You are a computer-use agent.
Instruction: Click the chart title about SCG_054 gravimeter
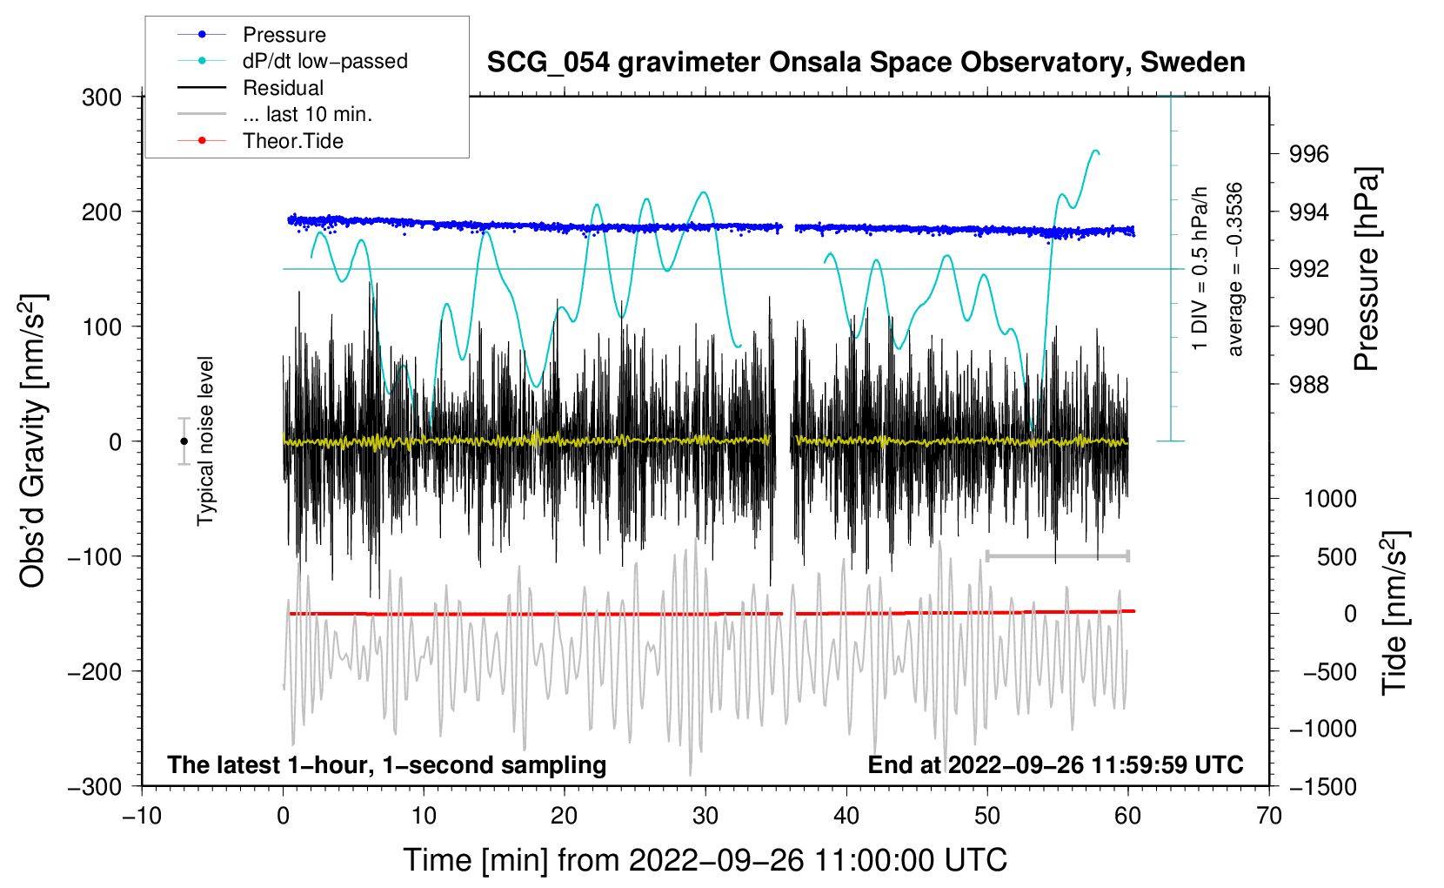tap(866, 63)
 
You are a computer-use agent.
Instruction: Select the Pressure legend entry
tap(284, 35)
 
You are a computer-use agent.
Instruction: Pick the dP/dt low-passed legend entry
tap(324, 61)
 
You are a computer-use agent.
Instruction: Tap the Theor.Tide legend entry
tap(292, 141)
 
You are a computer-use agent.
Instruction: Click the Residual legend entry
tap(283, 88)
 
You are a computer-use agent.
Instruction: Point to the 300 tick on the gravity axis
tap(102, 97)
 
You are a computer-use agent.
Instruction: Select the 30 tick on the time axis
tap(705, 816)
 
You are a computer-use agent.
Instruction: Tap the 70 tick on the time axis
tap(1269, 816)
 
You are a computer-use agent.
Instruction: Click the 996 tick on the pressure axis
tap(1309, 154)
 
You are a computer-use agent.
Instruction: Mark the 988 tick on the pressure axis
tap(1309, 384)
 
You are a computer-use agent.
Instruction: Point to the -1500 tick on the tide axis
tap(1323, 786)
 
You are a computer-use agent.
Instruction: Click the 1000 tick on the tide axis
tap(1330, 499)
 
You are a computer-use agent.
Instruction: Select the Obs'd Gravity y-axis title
tap(33, 441)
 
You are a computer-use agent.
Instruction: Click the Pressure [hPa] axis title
tap(1367, 269)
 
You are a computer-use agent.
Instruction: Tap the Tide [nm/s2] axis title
tap(1394, 612)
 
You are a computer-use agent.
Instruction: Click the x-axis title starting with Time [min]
tap(705, 860)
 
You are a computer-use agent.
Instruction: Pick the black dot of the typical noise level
tap(184, 441)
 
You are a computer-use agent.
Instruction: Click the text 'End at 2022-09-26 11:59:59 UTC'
tap(1055, 765)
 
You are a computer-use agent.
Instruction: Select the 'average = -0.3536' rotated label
tap(1235, 269)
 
